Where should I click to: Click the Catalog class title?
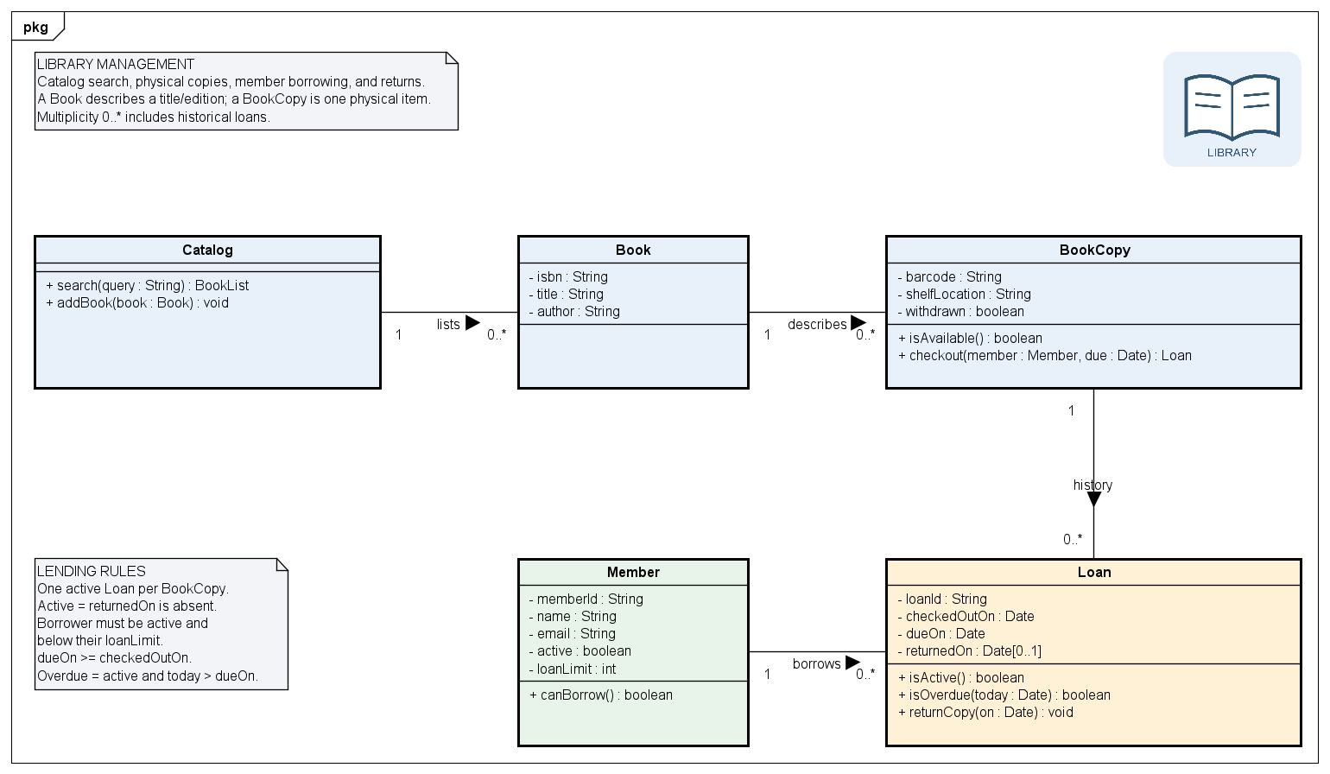click(x=207, y=250)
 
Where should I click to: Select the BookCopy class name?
click(x=1094, y=250)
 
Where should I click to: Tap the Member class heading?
click(x=633, y=572)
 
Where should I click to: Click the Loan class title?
click(x=1093, y=572)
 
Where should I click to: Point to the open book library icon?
click(x=1232, y=107)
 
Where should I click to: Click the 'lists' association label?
click(x=448, y=324)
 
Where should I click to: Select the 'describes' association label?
click(x=817, y=324)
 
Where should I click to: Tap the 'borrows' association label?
click(x=816, y=663)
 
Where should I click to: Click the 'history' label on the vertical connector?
click(x=1092, y=485)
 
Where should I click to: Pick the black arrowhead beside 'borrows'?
click(x=852, y=663)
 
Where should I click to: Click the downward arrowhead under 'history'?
click(x=1093, y=499)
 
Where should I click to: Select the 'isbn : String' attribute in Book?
click(x=568, y=276)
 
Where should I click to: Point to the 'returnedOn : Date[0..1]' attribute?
click(x=969, y=651)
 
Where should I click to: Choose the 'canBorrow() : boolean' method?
click(x=601, y=695)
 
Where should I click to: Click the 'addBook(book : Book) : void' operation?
click(x=137, y=303)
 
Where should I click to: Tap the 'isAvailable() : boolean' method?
click(x=970, y=338)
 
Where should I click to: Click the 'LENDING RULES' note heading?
click(x=91, y=572)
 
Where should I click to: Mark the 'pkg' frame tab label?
click(x=35, y=27)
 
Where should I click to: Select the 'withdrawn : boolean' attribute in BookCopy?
click(x=960, y=311)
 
